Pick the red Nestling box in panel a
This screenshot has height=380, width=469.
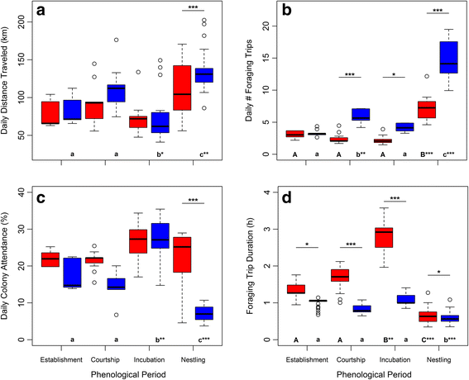pyautogui.click(x=181, y=93)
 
